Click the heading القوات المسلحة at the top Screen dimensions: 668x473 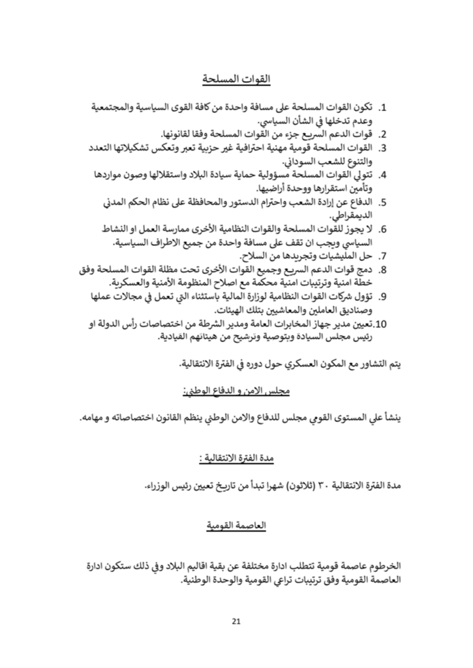coord(236,80)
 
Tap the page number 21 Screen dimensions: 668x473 coord(236,621)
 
